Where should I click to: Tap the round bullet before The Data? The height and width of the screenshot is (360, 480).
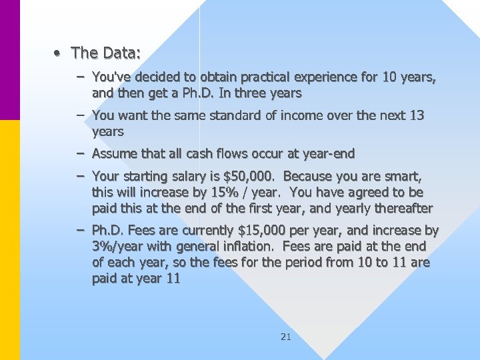tap(59, 52)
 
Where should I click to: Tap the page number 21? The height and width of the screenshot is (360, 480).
tap(285, 337)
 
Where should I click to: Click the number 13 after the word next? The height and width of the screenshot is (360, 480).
tap(416, 115)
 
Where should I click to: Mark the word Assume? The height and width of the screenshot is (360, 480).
tap(113, 153)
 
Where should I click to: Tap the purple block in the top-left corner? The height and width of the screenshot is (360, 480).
tap(10, 60)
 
